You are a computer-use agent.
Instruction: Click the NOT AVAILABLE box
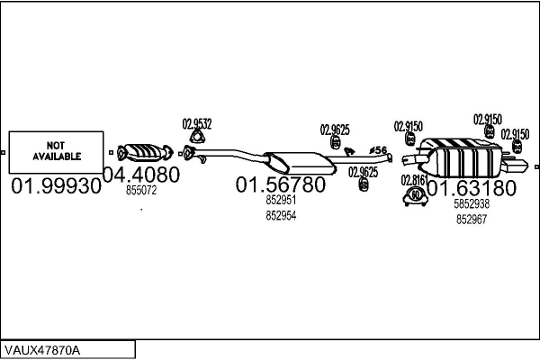click(57, 150)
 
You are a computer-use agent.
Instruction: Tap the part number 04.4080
click(141, 174)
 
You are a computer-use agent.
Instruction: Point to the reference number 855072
click(141, 191)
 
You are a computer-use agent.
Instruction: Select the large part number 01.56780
click(280, 184)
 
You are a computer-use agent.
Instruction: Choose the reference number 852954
click(281, 216)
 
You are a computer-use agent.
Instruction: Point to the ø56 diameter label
click(379, 150)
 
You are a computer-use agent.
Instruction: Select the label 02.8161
click(413, 180)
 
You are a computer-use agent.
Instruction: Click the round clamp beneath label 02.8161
click(415, 195)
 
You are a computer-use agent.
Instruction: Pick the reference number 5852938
click(472, 204)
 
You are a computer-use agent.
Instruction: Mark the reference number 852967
click(472, 219)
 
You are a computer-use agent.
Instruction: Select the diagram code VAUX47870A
click(41, 349)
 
